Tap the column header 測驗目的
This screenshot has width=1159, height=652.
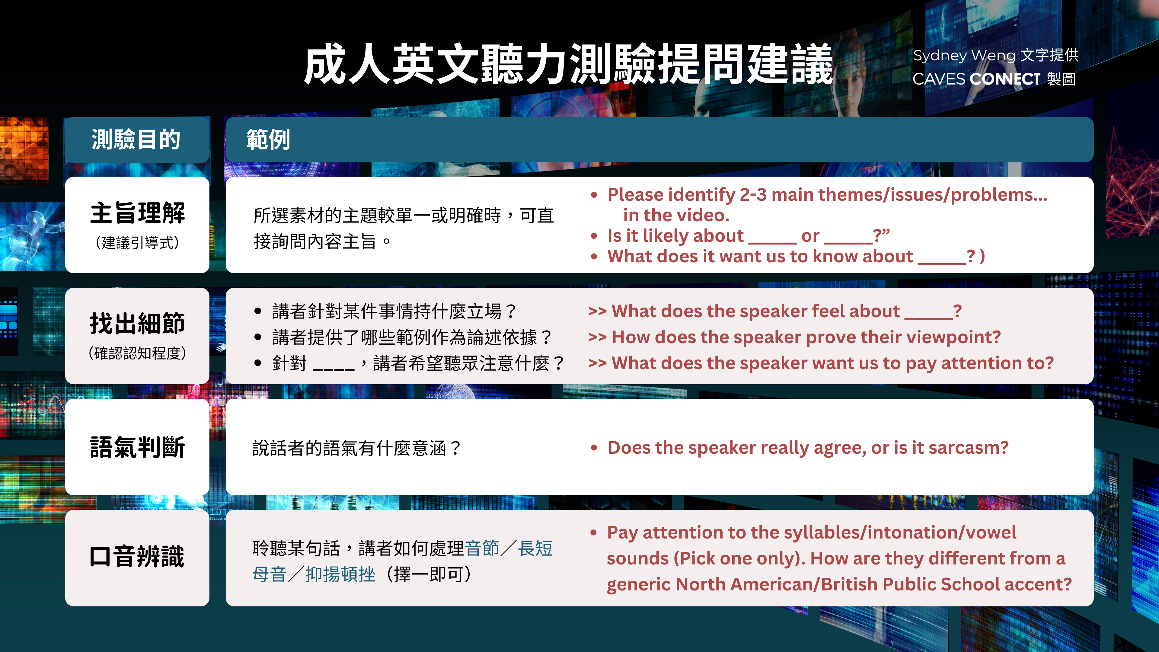(136, 139)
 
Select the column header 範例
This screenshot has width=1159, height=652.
(268, 139)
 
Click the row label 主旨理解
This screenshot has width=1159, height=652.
(137, 213)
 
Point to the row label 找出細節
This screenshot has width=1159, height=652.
(137, 324)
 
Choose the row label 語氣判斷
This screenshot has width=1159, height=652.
(137, 447)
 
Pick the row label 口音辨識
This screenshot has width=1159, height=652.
(137, 556)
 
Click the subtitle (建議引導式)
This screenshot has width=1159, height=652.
(137, 243)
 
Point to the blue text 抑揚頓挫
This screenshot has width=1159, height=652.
(340, 575)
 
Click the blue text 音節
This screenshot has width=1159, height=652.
(482, 548)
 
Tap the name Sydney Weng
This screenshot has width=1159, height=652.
(963, 55)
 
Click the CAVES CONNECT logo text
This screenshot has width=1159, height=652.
(976, 79)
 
